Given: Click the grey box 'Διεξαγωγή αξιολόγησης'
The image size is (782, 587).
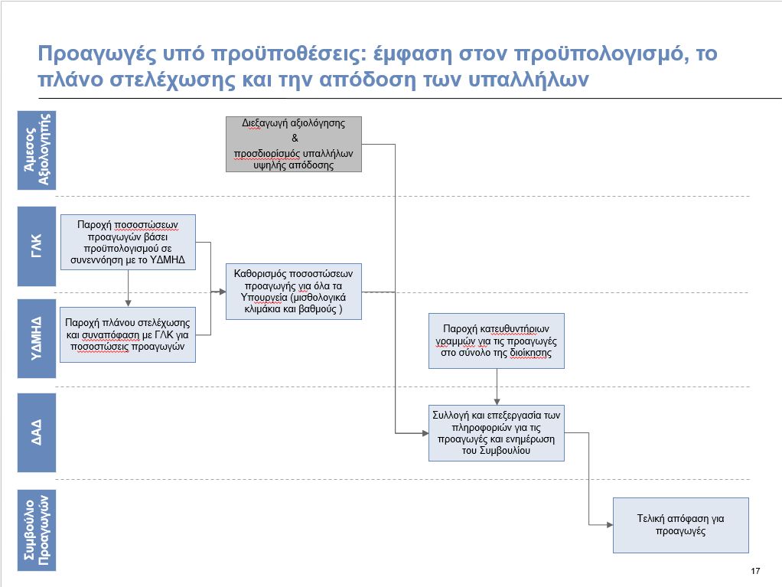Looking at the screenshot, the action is click(294, 144).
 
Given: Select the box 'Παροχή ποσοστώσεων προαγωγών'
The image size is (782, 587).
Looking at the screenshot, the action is click(129, 243).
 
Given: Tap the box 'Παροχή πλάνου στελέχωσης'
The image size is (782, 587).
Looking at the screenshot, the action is click(128, 334).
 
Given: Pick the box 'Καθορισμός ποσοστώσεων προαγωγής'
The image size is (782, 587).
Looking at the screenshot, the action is click(294, 292).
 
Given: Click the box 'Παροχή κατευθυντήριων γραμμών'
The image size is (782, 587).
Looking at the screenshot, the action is click(497, 341).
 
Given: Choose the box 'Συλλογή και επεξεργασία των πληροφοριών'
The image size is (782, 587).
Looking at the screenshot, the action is click(497, 433).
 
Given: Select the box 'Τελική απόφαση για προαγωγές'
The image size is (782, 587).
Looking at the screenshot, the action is click(681, 525).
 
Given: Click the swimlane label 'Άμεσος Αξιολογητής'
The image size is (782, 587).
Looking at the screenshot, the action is click(37, 150).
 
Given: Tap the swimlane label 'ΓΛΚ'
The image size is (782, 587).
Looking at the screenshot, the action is click(37, 246).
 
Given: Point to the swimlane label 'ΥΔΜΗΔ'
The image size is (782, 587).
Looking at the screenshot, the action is click(37, 338).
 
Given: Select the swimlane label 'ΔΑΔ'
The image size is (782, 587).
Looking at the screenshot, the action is click(37, 432).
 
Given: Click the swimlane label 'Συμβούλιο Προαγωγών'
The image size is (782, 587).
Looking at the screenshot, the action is click(37, 530).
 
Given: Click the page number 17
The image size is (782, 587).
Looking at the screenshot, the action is click(755, 571).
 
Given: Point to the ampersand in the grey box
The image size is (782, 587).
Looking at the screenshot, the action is click(295, 139).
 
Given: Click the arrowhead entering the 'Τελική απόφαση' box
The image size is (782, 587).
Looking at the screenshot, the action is click(609, 525).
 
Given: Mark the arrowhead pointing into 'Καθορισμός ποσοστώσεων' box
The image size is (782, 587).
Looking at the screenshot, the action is click(223, 292).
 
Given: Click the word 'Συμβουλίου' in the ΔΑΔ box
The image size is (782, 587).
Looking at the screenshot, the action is click(505, 451).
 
